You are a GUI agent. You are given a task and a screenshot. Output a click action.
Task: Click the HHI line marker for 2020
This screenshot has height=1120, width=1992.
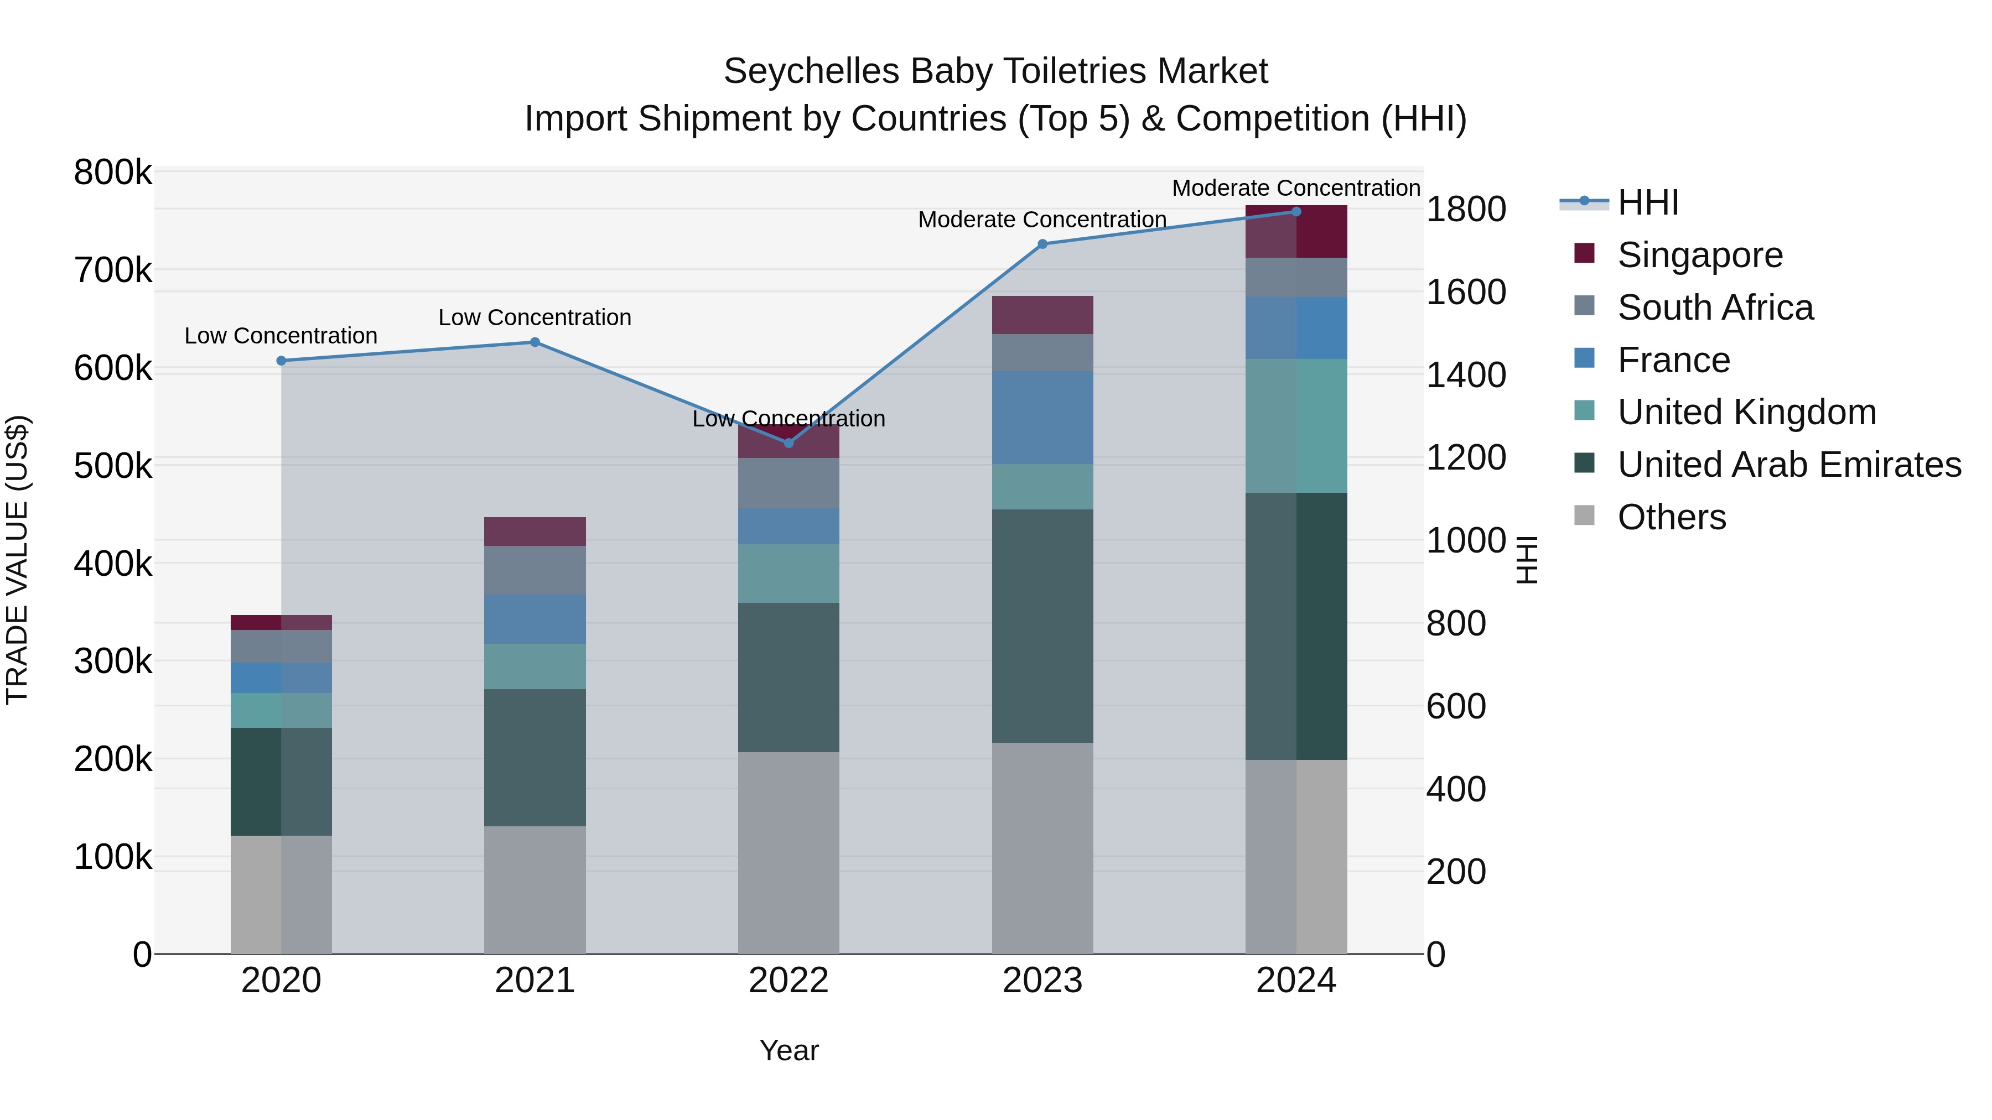pyautogui.click(x=282, y=361)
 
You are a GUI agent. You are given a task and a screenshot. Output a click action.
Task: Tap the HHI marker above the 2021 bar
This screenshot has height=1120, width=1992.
pyautogui.click(x=535, y=342)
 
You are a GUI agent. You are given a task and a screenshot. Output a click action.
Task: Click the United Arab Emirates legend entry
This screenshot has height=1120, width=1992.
pyautogui.click(x=1788, y=465)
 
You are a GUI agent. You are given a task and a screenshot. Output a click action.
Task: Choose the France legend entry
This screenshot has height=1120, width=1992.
pyautogui.click(x=1673, y=360)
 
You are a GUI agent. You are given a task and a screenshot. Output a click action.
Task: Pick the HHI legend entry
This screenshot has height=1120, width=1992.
pyautogui.click(x=1647, y=202)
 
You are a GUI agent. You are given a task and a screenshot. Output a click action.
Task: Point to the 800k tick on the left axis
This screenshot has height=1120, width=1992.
pyautogui.click(x=113, y=173)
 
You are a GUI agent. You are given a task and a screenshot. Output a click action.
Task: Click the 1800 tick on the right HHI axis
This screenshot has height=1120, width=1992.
pyautogui.click(x=1465, y=210)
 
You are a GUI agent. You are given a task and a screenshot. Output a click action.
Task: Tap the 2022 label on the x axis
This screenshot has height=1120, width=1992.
pyautogui.click(x=788, y=981)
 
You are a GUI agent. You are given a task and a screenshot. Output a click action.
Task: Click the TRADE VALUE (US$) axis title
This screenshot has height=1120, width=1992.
pyautogui.click(x=18, y=560)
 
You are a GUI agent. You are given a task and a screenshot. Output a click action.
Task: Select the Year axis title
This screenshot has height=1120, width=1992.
pyautogui.click(x=788, y=1050)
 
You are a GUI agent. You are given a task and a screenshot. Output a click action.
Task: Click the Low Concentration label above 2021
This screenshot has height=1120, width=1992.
pyautogui.click(x=535, y=317)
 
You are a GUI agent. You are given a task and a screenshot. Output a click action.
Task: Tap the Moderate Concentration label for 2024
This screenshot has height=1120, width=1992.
pyautogui.click(x=1295, y=188)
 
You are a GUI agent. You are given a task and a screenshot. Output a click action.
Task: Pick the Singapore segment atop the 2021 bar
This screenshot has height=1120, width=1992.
pyautogui.click(x=535, y=532)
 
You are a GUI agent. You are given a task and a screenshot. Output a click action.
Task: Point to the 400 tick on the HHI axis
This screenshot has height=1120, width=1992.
pyautogui.click(x=1455, y=789)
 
